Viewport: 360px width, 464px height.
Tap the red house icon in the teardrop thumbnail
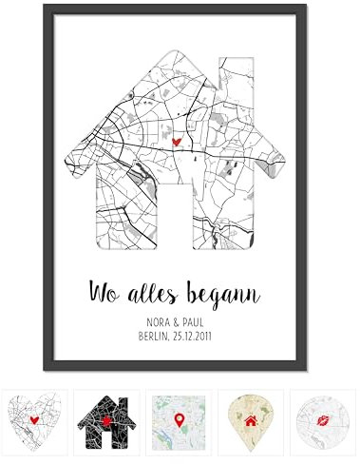tap(251, 418)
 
